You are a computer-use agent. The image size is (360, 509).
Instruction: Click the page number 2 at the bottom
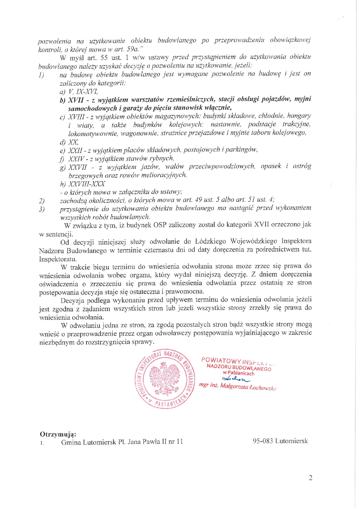310,478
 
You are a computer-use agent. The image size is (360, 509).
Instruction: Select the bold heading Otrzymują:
58,434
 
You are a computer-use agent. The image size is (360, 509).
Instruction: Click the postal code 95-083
263,441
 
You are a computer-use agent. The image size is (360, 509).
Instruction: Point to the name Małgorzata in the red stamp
234,386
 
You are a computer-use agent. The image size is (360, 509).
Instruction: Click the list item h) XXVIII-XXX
83,184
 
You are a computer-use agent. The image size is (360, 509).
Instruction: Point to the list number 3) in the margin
42,209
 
